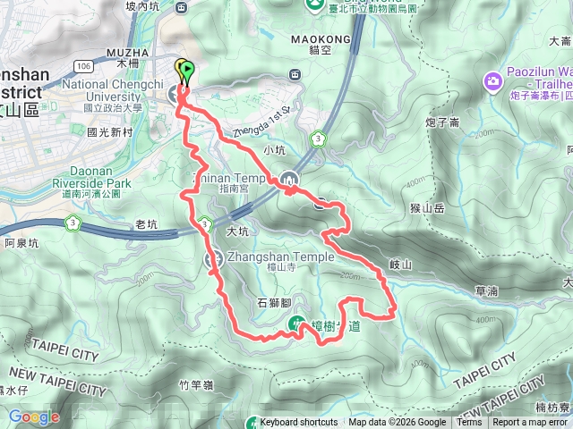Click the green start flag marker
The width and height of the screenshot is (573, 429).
186,69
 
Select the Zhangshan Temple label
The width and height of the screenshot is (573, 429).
281,257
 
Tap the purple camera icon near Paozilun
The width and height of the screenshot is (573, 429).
492,82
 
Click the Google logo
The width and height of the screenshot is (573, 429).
34,416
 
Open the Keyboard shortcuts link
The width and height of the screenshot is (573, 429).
298,423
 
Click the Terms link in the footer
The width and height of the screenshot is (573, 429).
468,423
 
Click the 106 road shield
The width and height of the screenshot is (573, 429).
84,65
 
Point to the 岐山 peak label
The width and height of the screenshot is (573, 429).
400,265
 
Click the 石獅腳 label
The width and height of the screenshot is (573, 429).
274,303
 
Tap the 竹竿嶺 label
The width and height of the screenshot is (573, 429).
195,385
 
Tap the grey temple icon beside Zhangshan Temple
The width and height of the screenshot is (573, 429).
213,260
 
